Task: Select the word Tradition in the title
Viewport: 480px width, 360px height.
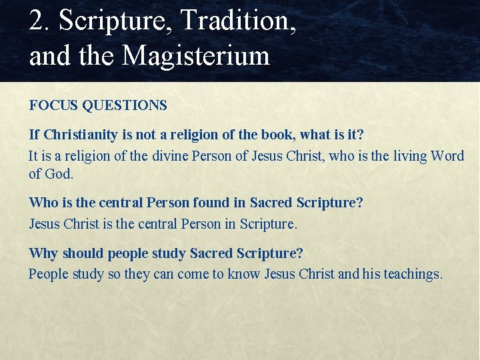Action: tap(237, 21)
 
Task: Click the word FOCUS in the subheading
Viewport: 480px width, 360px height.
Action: tap(52, 105)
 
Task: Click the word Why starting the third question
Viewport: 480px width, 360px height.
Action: tap(42, 253)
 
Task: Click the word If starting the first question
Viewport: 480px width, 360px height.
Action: tap(35, 135)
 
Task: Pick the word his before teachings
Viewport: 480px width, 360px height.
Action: tap(371, 274)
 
